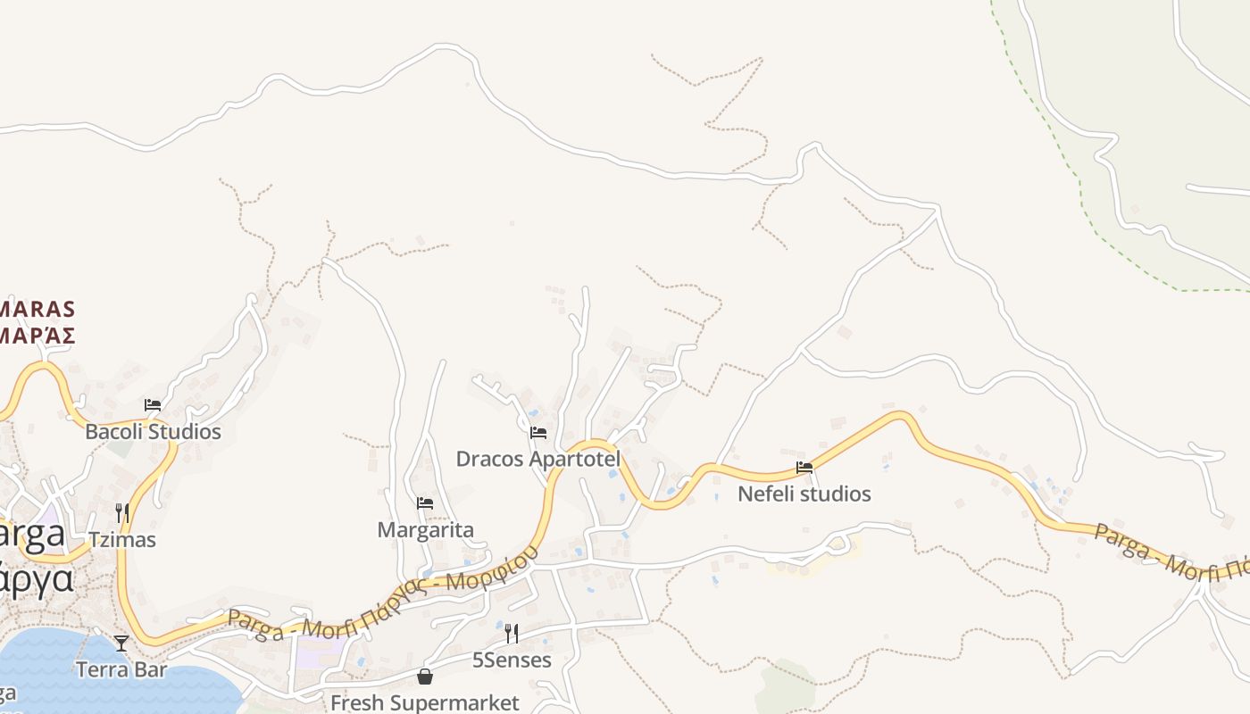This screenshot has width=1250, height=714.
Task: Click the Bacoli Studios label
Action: [153, 432]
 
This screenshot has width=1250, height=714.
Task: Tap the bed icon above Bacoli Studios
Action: [153, 404]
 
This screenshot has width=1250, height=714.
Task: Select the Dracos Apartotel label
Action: [537, 459]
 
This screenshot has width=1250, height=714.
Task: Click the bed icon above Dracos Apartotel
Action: [537, 433]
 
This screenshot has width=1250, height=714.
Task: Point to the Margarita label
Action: [425, 530]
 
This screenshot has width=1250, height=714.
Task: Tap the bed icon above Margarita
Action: [425, 503]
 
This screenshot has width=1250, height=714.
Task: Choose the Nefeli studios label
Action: [804, 494]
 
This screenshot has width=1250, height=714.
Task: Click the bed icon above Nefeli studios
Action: [804, 467]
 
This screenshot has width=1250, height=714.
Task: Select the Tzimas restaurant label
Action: [122, 539]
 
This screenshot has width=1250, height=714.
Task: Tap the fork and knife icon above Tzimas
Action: [122, 512]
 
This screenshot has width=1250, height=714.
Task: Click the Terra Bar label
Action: [121, 669]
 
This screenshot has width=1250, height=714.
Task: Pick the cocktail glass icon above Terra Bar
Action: [121, 643]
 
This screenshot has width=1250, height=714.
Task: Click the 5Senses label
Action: [512, 660]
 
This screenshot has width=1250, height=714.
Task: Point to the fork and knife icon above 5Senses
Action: [512, 634]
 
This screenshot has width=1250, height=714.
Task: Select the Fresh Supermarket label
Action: [424, 702]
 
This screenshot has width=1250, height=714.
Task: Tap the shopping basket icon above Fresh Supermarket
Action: [425, 677]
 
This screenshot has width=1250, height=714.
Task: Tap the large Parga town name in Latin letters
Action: [32, 534]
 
